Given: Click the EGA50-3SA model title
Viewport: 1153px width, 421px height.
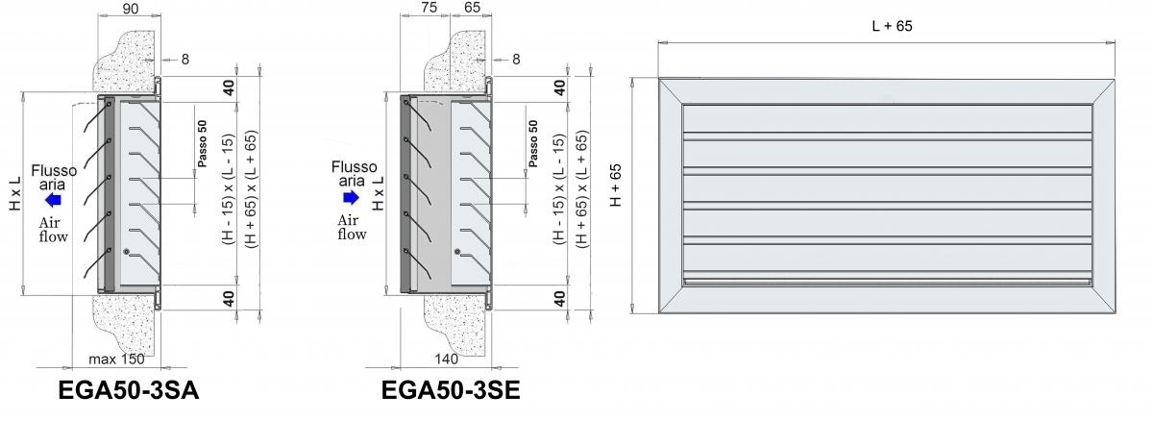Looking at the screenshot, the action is click(129, 390).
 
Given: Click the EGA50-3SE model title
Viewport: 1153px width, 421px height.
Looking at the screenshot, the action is click(451, 390).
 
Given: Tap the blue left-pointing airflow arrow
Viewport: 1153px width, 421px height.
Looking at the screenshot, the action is click(53, 199).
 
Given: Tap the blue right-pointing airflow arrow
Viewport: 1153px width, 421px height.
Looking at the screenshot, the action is click(351, 197).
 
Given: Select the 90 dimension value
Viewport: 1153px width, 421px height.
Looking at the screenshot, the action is click(131, 9).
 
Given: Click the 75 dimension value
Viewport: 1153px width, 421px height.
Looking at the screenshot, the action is click(429, 7).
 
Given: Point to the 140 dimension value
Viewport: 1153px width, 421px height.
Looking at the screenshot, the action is click(446, 359).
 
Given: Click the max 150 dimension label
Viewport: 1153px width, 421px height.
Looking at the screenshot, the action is click(117, 359).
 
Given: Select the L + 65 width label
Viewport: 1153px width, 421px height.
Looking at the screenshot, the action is click(892, 26).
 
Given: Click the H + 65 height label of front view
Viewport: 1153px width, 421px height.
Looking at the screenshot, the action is click(616, 186).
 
